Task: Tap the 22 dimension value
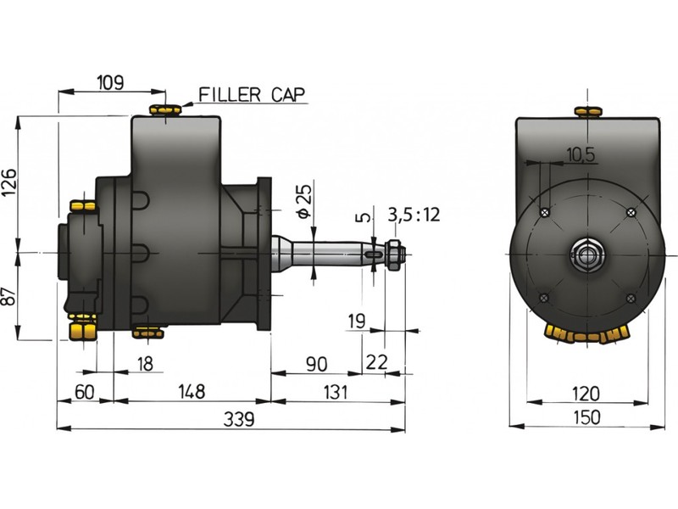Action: (377, 362)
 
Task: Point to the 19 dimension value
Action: (356, 321)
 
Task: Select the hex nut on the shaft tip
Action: (395, 252)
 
